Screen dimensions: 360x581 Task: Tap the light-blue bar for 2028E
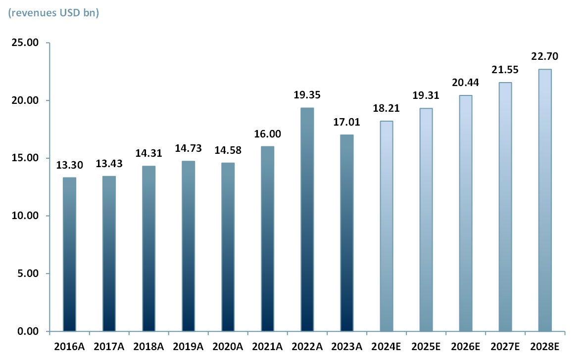(x=545, y=200)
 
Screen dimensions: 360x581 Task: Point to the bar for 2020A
(x=228, y=247)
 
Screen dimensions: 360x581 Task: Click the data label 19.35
(x=307, y=95)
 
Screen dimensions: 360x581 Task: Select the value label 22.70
(x=544, y=56)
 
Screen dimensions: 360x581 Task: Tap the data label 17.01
(x=346, y=122)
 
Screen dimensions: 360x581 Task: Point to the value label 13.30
(x=69, y=165)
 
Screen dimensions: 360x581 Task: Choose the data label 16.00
(x=267, y=134)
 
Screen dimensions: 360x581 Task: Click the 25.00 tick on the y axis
(x=25, y=43)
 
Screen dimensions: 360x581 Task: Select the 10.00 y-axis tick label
(x=25, y=216)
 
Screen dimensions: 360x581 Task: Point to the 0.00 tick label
(x=27, y=331)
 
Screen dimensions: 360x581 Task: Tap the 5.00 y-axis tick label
(x=27, y=273)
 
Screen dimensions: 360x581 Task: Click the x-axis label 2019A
(x=188, y=346)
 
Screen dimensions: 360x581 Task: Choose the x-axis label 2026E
(x=465, y=346)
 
